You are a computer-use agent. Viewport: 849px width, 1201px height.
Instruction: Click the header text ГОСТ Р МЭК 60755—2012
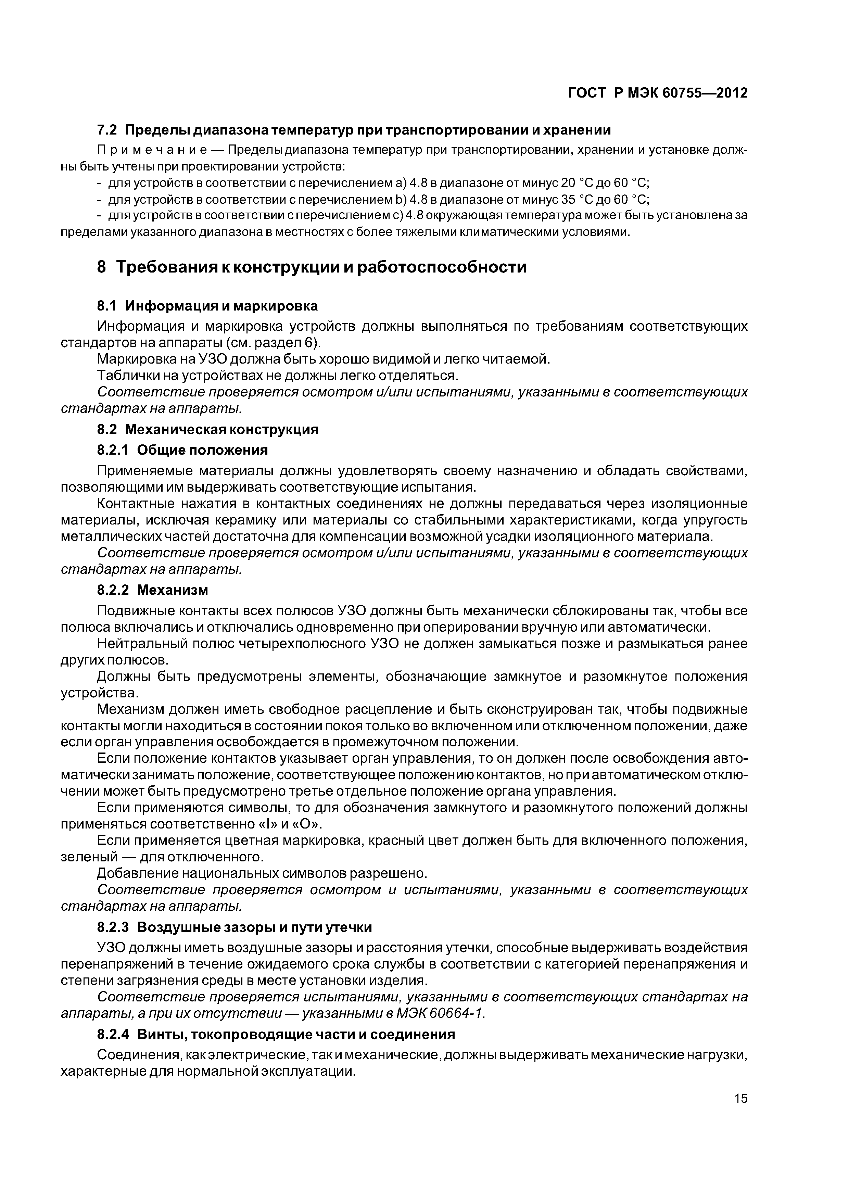tap(658, 93)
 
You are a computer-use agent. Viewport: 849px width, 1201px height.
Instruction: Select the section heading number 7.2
tap(108, 130)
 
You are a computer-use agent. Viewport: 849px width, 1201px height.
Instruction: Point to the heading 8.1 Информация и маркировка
tap(207, 305)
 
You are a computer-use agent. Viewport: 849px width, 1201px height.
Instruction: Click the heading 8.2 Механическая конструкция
tap(208, 429)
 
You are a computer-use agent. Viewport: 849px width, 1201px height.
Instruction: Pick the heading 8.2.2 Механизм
tap(153, 590)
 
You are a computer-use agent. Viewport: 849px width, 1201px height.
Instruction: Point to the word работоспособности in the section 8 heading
tap(442, 267)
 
